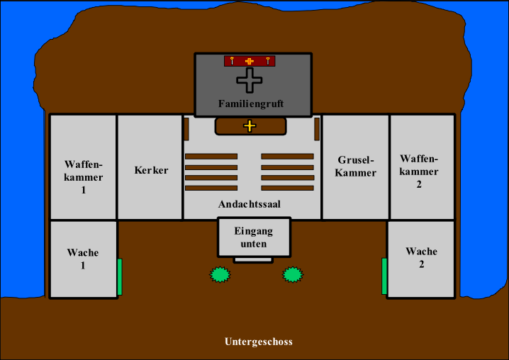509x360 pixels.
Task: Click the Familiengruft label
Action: click(251, 103)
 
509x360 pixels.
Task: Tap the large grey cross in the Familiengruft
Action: click(250, 80)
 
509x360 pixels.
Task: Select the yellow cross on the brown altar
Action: click(250, 126)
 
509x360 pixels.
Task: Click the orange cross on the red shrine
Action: click(250, 61)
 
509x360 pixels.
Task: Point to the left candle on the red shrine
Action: click(232, 61)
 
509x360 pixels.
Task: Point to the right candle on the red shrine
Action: click(268, 61)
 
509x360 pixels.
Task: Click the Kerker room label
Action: click(151, 170)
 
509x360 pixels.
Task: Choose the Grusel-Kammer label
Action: click(356, 166)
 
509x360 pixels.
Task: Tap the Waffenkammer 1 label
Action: click(84, 177)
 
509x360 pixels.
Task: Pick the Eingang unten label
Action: click(253, 237)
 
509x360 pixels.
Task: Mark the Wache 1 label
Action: click(83, 259)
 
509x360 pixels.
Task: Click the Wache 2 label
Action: click(421, 258)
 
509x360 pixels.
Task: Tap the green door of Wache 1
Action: click(120, 276)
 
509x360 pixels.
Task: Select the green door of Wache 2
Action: click(384, 276)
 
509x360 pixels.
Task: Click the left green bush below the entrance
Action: click(220, 274)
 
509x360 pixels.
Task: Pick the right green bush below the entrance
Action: click(293, 274)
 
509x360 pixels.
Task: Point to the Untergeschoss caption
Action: click(258, 342)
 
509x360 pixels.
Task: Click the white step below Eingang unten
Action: click(253, 260)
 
